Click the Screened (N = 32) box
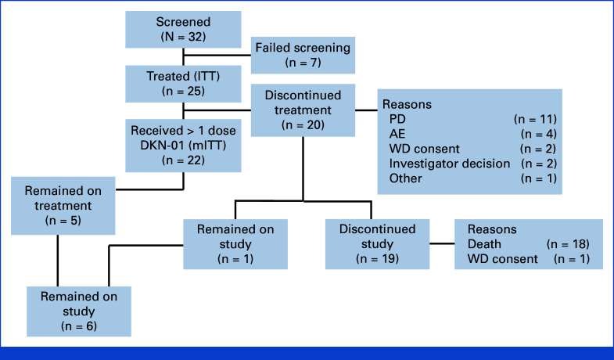click(183, 30)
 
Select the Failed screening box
click(303, 56)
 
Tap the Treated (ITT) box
click(183, 84)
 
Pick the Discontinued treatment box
click(303, 110)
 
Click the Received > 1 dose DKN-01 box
click(183, 146)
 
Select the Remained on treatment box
click(63, 206)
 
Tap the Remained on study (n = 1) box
click(235, 244)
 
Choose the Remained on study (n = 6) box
click(79, 311)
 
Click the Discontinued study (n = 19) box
click(378, 244)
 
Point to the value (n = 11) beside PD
click(535, 119)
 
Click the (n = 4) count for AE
click(539, 134)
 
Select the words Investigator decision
click(450, 164)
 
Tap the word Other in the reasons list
click(406, 178)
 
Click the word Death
click(484, 244)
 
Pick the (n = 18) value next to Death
click(568, 244)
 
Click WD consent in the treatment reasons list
click(425, 149)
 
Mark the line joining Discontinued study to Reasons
click(442, 243)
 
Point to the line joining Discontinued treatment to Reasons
click(367, 110)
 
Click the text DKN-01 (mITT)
click(183, 146)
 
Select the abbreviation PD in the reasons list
click(397, 119)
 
